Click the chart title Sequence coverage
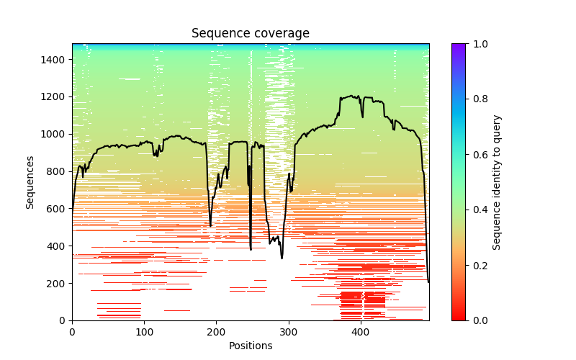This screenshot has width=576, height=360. click(x=251, y=34)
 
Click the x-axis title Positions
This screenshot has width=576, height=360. click(x=251, y=346)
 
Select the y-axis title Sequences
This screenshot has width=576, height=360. click(x=30, y=182)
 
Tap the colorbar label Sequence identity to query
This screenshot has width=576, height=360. click(x=497, y=182)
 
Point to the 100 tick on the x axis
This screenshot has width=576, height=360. click(x=144, y=333)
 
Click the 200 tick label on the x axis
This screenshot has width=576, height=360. click(x=217, y=333)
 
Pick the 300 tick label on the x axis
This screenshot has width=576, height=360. click(x=289, y=333)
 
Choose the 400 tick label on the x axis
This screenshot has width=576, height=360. click(x=361, y=333)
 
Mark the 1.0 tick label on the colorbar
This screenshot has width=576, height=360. click(x=476, y=44)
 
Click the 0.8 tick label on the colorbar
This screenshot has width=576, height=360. click(x=476, y=99)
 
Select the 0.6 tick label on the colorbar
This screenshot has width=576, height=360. click(x=476, y=155)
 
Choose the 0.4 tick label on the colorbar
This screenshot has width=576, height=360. click(x=476, y=210)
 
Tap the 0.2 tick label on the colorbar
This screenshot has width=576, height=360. click(x=476, y=265)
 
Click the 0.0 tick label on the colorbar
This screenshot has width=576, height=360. click(x=476, y=320)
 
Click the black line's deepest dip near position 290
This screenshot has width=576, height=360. click(x=282, y=258)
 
